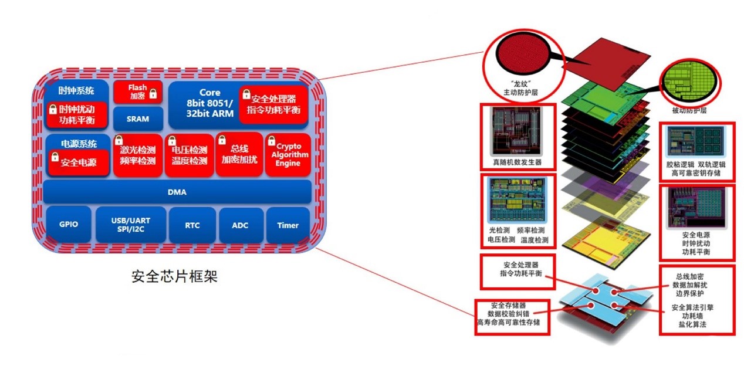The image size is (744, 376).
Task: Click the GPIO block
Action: click(69, 224)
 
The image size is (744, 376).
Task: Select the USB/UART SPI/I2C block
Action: click(131, 225)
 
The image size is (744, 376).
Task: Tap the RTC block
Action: click(192, 225)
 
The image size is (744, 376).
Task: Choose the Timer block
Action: click(288, 225)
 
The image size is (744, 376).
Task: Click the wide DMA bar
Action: click(177, 192)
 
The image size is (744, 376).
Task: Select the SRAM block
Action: click(138, 118)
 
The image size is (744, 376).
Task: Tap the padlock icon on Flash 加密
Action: click(153, 94)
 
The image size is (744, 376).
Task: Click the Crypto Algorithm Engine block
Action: click(288, 154)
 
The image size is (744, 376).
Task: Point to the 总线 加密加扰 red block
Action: click(239, 154)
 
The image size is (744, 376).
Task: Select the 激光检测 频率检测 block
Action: click(138, 155)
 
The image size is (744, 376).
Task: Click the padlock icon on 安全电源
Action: click(55, 156)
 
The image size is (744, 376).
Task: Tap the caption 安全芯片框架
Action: click(174, 276)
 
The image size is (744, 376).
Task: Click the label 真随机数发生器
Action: click(517, 162)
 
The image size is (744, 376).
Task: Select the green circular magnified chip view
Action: click(689, 82)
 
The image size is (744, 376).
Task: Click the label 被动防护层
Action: click(689, 111)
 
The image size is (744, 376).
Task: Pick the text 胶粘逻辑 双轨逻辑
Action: click(696, 164)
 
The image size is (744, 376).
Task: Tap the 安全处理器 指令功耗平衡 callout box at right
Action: click(518, 272)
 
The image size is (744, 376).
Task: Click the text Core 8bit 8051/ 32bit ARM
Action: click(210, 103)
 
